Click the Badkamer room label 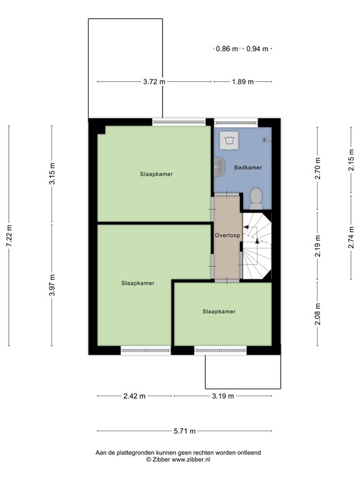tap(247, 168)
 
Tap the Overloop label tap(227, 236)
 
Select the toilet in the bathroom tap(255, 197)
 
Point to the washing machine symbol tap(229, 141)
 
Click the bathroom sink tap(219, 166)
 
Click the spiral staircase tap(257, 247)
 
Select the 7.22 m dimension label tap(9, 236)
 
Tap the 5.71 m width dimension tap(184, 431)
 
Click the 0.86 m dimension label tap(227, 49)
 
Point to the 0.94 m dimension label tap(257, 49)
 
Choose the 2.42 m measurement tap(134, 396)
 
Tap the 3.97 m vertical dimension tap(52, 285)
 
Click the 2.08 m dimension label tap(317, 314)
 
